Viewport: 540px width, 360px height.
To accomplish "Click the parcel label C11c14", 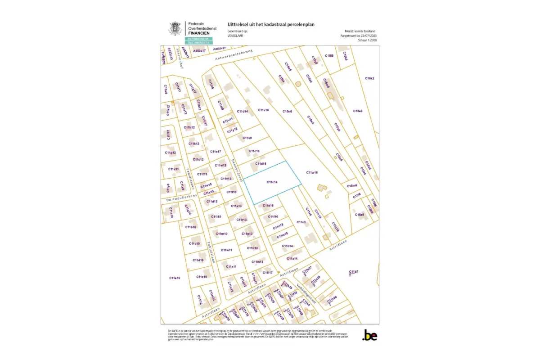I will point(272,182).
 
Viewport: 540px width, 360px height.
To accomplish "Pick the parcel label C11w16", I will point(312,172).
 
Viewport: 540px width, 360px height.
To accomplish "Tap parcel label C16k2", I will point(369,78).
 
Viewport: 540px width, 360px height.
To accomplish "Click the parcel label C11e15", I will point(175,278).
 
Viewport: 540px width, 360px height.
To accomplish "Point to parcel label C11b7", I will point(353,272).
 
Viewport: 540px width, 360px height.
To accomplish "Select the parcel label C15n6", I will point(287,111).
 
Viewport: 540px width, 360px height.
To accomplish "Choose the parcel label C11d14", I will point(243,111).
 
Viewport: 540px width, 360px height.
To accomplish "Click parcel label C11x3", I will point(301,222).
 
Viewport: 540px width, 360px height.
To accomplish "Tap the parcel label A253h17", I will point(219,48).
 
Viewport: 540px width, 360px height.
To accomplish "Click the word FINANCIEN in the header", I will point(198,33).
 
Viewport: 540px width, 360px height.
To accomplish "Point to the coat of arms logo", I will point(174,28).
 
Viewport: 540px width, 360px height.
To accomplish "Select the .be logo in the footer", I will point(369,335).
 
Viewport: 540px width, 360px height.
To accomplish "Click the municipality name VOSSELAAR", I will point(235,35).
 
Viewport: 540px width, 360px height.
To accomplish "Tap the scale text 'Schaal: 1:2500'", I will point(368,40).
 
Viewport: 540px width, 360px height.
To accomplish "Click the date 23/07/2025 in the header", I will point(369,35).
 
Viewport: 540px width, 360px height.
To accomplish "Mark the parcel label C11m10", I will point(221,234).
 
